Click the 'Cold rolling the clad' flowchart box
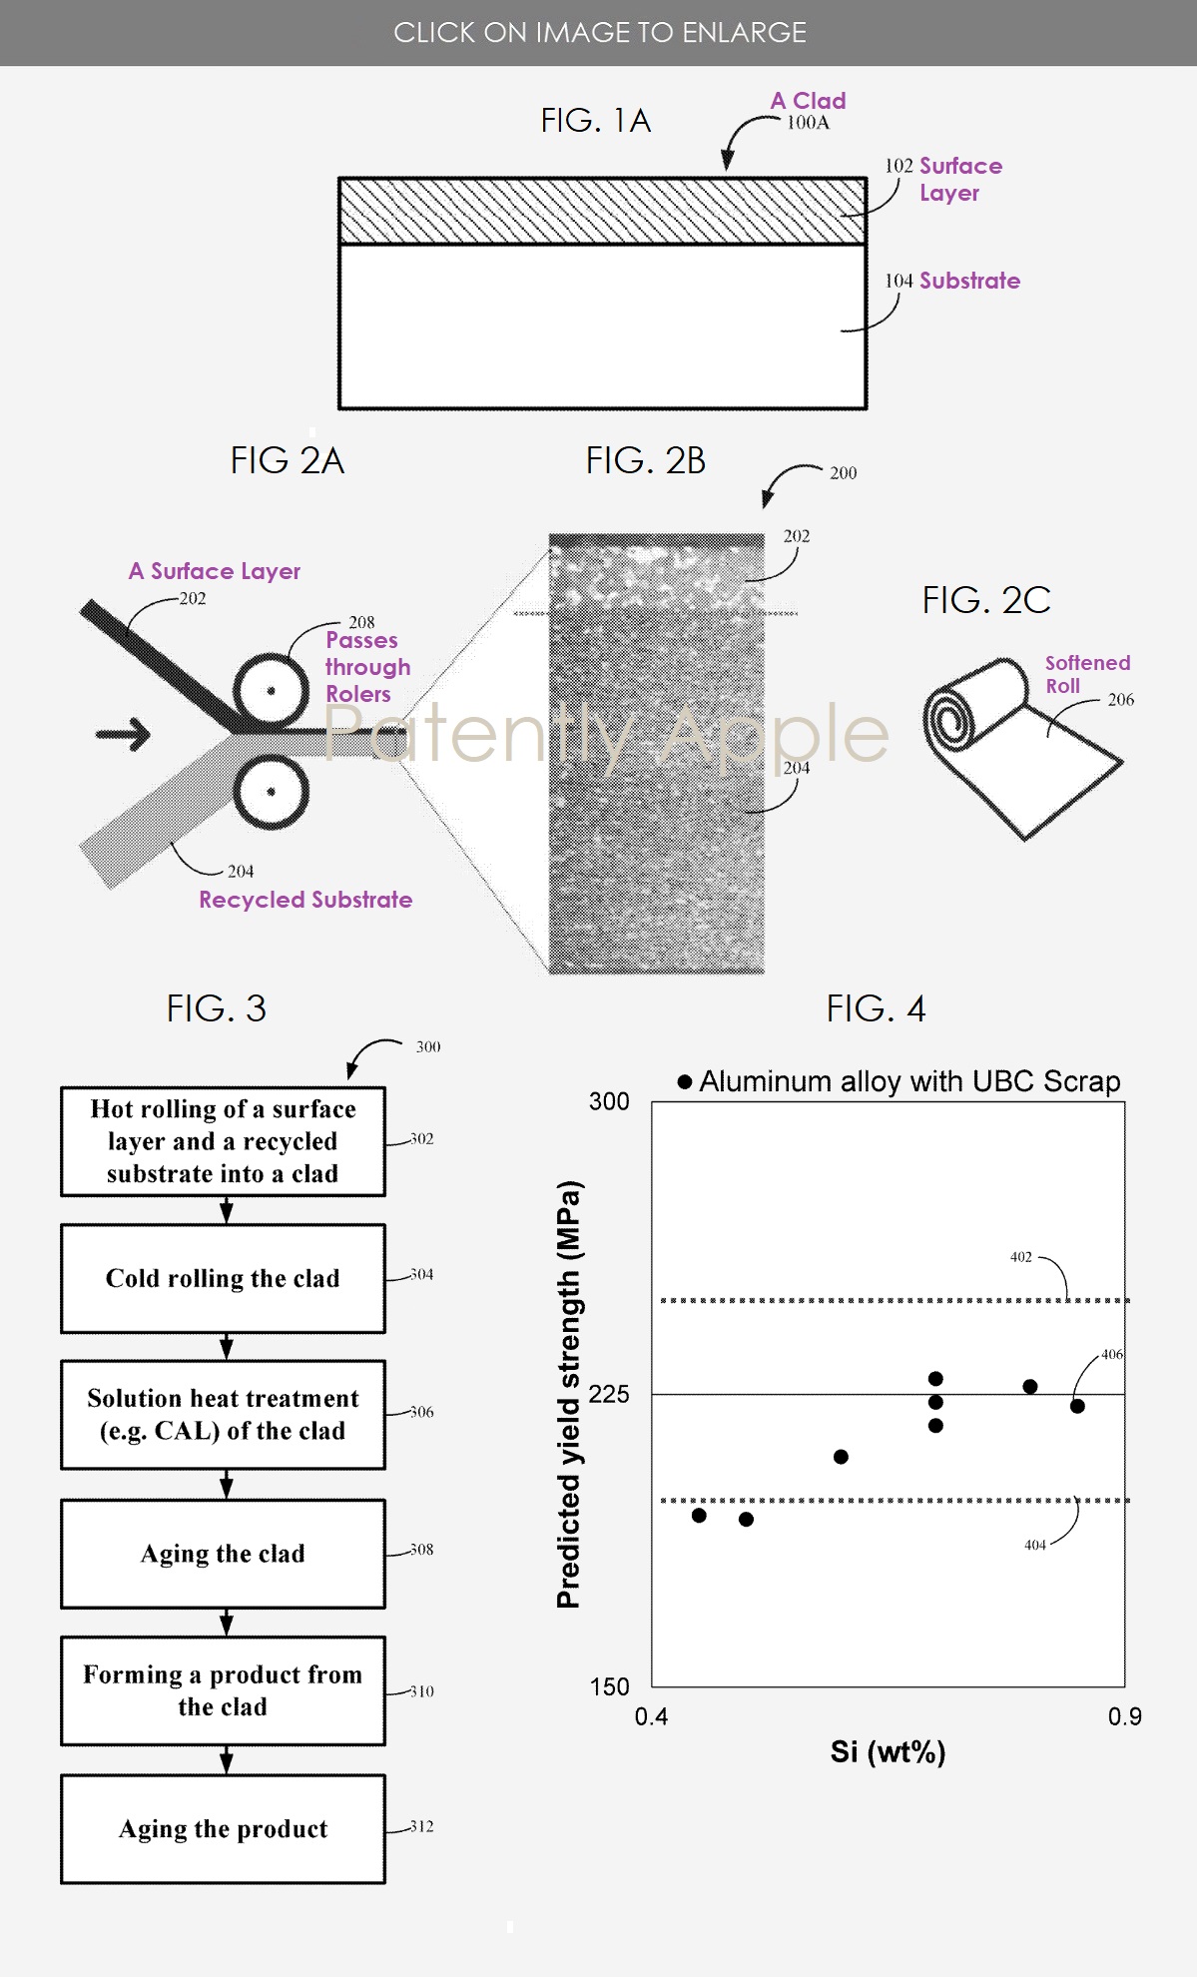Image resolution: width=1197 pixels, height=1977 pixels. coord(223,1278)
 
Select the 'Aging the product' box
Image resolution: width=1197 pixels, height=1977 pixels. coord(223,1828)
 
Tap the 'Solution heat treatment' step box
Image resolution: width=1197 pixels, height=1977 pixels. coord(223,1414)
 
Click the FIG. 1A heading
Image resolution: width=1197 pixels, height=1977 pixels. coord(595,121)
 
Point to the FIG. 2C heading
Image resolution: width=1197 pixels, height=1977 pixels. coord(985,600)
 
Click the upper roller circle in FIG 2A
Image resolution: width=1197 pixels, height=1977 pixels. coord(271,691)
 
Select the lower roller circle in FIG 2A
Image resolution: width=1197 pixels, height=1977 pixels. coord(271,792)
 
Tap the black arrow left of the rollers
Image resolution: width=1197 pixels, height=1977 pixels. coord(123,735)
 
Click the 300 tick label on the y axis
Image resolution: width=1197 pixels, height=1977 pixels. coord(609,1101)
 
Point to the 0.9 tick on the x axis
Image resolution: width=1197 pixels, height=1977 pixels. coord(1124,1716)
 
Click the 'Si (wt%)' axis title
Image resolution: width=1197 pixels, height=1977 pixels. coord(888,1752)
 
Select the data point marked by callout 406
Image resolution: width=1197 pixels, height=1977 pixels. coord(1077,1406)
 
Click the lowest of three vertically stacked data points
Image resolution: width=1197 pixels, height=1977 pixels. coord(935,1425)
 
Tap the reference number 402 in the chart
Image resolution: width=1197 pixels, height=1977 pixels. coord(1020,1257)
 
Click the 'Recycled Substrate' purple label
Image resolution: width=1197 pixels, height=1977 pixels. coord(305,900)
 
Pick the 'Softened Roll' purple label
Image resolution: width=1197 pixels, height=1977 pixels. coord(1086,674)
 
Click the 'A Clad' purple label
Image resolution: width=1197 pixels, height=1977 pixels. coord(808,101)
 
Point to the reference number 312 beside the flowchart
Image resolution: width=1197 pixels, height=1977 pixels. coord(421,1826)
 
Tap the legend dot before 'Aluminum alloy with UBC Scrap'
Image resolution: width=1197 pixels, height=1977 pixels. coord(685,1081)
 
